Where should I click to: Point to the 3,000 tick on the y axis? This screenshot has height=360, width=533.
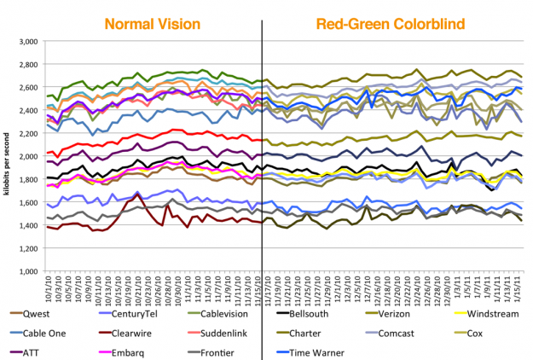(28, 41)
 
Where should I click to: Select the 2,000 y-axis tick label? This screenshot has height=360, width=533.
(28, 156)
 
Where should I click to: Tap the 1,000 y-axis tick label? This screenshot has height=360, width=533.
(28, 271)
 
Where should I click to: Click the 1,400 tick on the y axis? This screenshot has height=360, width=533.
(28, 225)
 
